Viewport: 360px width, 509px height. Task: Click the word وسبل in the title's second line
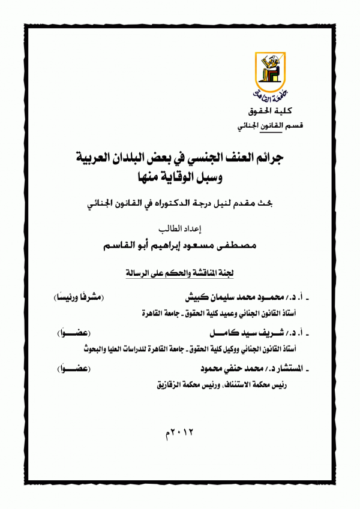(214, 178)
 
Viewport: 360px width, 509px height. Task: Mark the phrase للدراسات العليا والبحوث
(103, 347)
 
